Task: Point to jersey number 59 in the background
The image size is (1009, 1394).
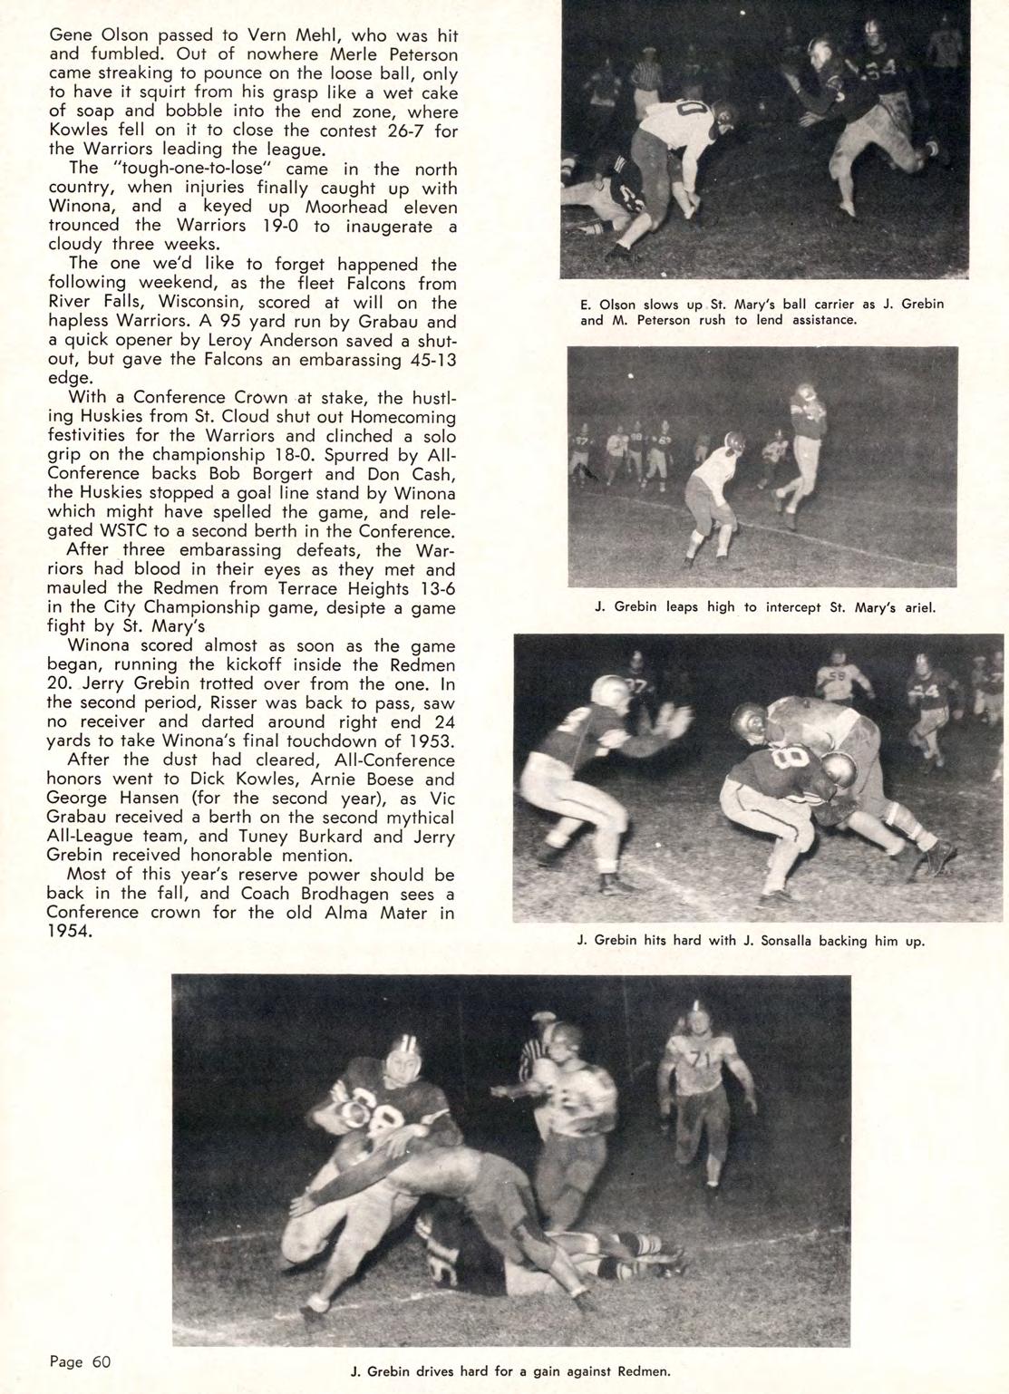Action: click(x=834, y=675)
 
